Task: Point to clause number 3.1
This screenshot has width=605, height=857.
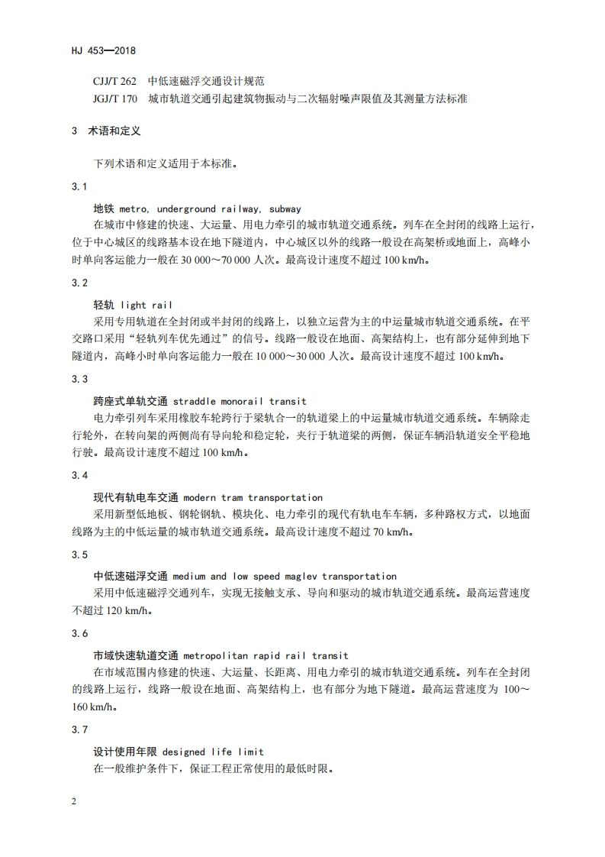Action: (x=79, y=187)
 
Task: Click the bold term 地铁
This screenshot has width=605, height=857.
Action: (x=103, y=208)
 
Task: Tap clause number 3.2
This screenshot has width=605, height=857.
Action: (x=79, y=283)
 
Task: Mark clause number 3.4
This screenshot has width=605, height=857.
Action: (x=79, y=475)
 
